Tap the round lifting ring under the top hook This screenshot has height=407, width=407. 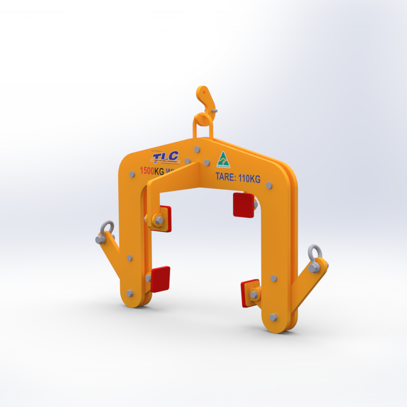[202, 121]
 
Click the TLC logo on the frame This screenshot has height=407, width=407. [165, 157]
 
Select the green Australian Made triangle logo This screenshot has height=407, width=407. [224, 159]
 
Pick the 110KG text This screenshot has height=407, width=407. [249, 179]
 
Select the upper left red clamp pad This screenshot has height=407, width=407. [164, 218]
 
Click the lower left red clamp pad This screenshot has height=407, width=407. [160, 279]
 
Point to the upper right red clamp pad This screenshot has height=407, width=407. [243, 205]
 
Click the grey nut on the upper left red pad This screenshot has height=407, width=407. [157, 219]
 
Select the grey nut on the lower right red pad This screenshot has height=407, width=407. [254, 295]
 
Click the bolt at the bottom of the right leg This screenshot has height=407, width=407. [273, 317]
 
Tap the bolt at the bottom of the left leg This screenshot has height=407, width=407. [131, 291]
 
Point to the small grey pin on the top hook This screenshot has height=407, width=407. [214, 111]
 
